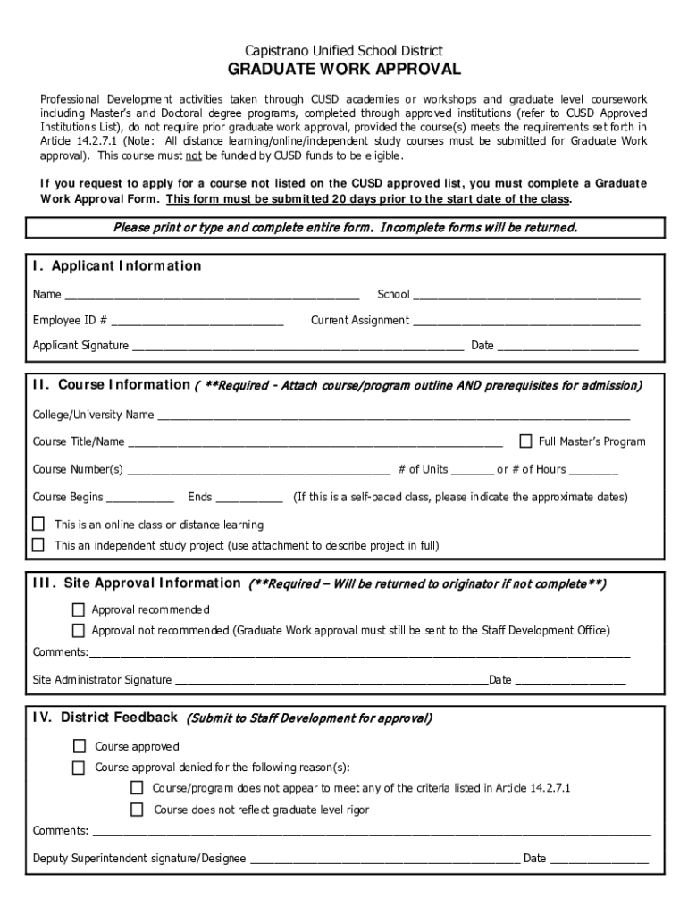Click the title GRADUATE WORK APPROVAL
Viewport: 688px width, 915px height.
tap(344, 70)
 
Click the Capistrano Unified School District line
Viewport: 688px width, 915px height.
tap(344, 51)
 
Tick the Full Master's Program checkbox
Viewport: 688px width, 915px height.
tap(525, 441)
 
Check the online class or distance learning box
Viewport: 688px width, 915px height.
tap(38, 524)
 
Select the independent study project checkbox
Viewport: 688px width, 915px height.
tap(38, 544)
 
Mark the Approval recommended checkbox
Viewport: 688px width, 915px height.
tap(79, 609)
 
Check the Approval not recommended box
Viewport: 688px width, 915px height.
tap(79, 630)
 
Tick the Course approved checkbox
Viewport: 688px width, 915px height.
tap(80, 746)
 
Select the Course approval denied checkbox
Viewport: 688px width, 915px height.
tap(80, 768)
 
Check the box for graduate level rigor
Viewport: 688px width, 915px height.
tap(137, 810)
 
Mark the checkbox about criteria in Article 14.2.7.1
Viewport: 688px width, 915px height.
tap(137, 788)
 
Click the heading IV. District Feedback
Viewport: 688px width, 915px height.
tap(105, 717)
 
